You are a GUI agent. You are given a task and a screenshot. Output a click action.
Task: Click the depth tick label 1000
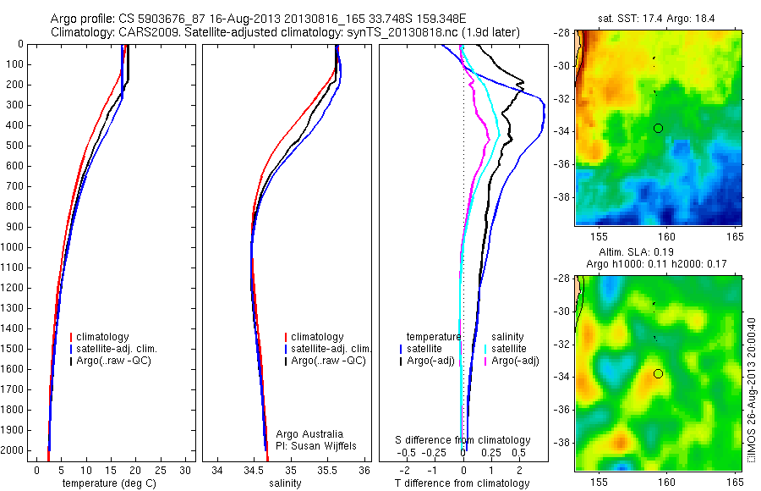14,247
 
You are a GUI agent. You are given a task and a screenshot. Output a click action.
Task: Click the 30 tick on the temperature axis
186,470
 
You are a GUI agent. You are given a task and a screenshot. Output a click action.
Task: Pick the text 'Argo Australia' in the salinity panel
309,434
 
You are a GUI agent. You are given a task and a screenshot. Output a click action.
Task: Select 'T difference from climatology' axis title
462,483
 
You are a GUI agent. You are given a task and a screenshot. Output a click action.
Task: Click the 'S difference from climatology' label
463,440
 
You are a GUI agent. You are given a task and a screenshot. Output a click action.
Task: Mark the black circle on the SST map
658,128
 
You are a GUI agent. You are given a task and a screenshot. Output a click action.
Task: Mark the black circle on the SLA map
658,373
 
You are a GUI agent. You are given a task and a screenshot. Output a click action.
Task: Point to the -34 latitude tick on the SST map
562,131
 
